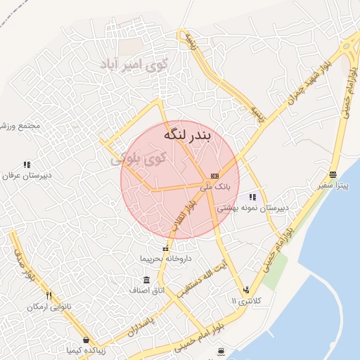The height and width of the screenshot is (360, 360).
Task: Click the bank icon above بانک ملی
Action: point(214,176)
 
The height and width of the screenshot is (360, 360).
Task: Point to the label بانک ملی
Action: point(215,187)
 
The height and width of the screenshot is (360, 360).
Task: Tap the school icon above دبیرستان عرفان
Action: point(27,165)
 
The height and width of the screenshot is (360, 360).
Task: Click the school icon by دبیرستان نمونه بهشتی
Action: point(252,198)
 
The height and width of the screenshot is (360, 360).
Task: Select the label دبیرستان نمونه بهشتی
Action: point(252,208)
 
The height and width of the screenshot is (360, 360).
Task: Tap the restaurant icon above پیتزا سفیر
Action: point(333,174)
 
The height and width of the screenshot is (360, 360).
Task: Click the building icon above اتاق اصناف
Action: point(146,279)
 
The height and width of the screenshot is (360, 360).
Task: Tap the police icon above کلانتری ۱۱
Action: point(245,290)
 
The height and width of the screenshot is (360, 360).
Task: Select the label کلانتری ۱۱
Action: point(245,301)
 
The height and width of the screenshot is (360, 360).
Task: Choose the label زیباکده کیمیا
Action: point(85,349)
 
